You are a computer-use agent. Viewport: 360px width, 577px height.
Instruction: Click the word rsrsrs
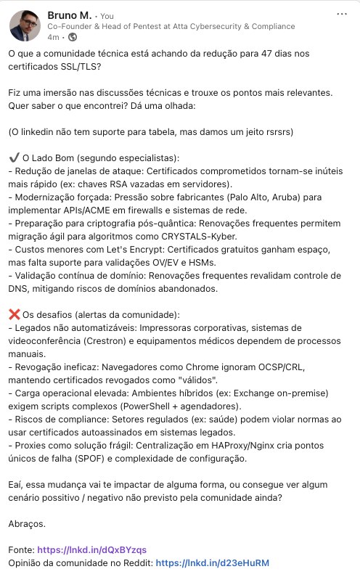pyautogui.click(x=257, y=132)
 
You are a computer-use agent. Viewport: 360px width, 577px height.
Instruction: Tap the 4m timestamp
pyautogui.click(x=54, y=36)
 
